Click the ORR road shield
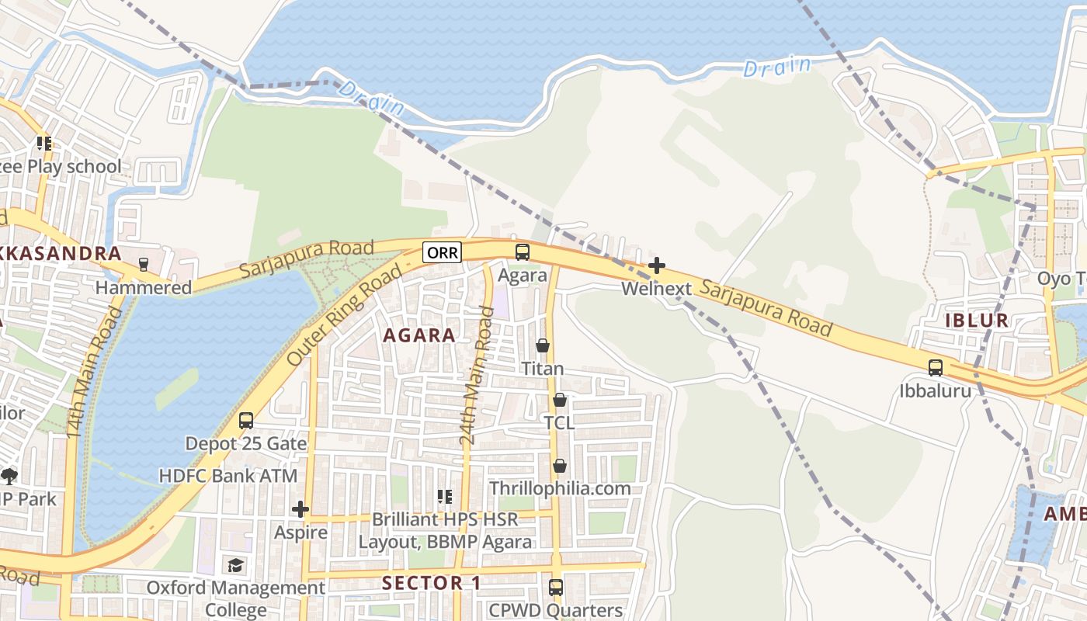pyautogui.click(x=443, y=252)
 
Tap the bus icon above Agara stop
pyautogui.click(x=523, y=252)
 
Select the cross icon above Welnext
pyautogui.click(x=657, y=266)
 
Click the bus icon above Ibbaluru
pyautogui.click(x=936, y=368)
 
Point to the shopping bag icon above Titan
pyautogui.click(x=543, y=345)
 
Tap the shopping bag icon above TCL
pyautogui.click(x=559, y=401)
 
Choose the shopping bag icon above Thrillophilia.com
pyautogui.click(x=559, y=467)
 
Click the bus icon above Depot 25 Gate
pyautogui.click(x=246, y=421)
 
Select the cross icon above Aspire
pyautogui.click(x=300, y=510)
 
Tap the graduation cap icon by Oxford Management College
pyautogui.click(x=235, y=565)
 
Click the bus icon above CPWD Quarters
pyautogui.click(x=556, y=588)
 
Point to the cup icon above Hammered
pyautogui.click(x=143, y=265)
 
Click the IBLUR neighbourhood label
pyautogui.click(x=977, y=321)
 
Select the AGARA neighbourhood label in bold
pyautogui.click(x=419, y=335)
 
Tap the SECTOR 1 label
pyautogui.click(x=432, y=583)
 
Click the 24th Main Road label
pyautogui.click(x=476, y=376)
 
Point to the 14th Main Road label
pyautogui.click(x=96, y=372)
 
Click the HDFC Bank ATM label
pyautogui.click(x=217, y=475)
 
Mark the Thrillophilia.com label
pyautogui.click(x=559, y=488)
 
